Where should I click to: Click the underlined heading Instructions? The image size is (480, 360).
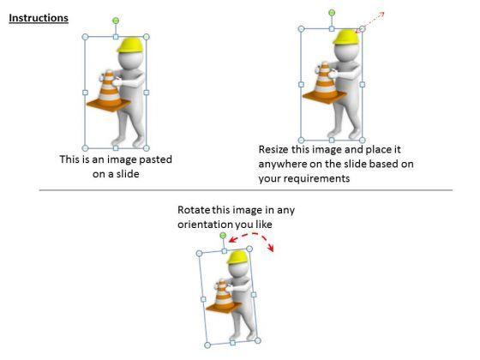(x=39, y=18)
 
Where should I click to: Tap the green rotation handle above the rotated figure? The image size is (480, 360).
(x=223, y=236)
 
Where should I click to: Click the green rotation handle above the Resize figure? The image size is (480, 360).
(x=332, y=13)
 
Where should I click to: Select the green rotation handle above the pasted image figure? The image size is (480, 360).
(x=116, y=21)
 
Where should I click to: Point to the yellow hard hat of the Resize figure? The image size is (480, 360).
(x=346, y=37)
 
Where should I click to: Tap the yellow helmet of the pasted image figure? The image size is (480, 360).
(x=130, y=45)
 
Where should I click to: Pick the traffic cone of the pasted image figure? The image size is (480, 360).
(x=108, y=91)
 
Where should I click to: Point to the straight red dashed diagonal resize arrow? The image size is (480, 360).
(x=369, y=22)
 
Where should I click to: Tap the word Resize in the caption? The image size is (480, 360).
(x=273, y=150)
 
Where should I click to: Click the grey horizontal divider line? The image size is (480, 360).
(x=246, y=190)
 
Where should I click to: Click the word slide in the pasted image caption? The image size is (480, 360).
(x=128, y=174)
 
